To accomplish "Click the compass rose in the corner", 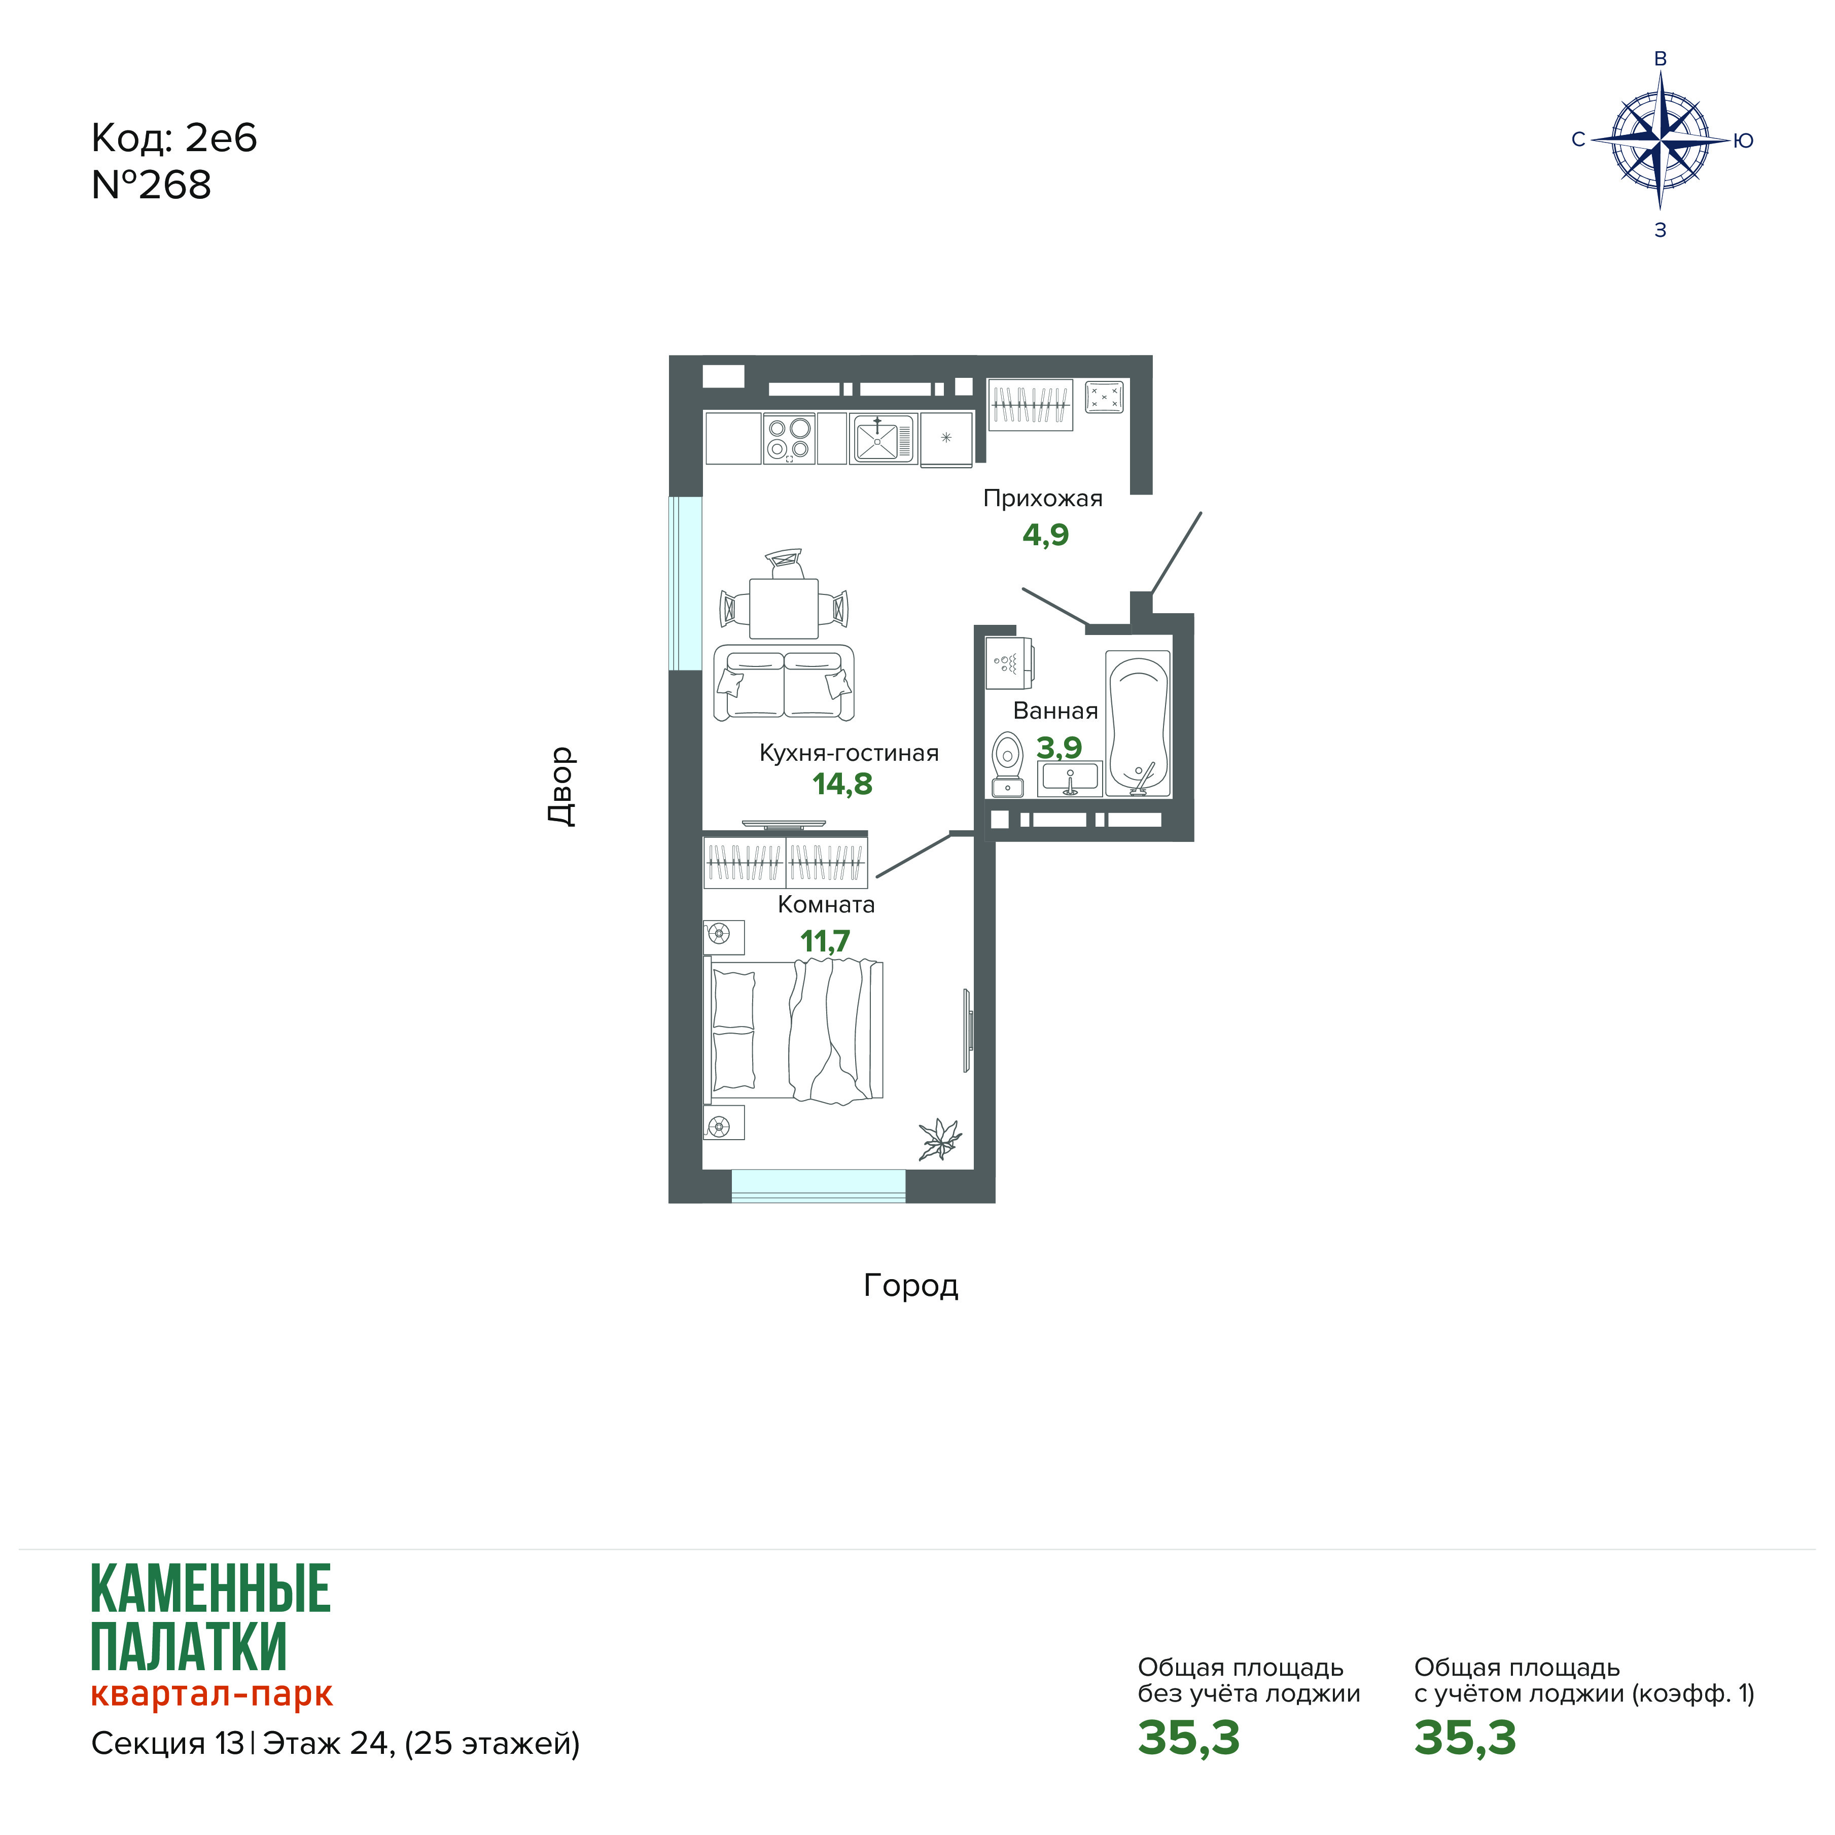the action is click(1660, 140).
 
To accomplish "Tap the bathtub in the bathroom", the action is click(1138, 724).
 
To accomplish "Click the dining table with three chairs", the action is click(784, 595).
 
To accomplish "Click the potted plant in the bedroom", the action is click(939, 1139).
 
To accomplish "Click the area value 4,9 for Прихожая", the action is click(1046, 535).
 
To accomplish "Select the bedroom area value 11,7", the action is click(824, 941).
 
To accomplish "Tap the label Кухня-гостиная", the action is click(849, 753).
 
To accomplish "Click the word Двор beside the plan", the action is click(561, 787).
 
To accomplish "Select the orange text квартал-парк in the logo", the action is click(212, 1695).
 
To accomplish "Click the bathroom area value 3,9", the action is click(1059, 748).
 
